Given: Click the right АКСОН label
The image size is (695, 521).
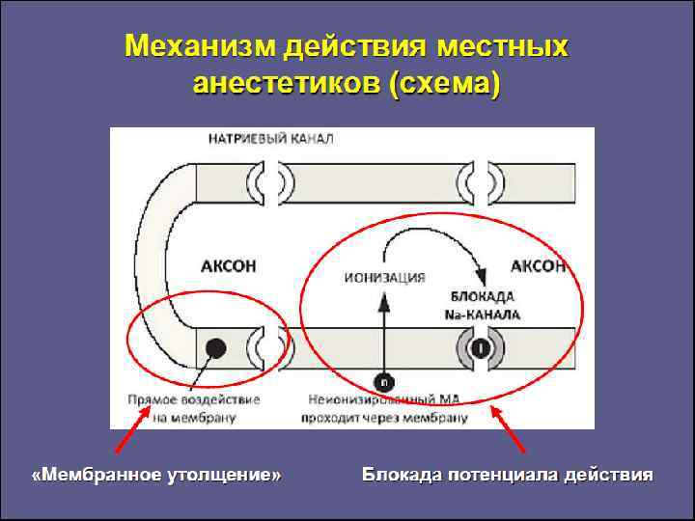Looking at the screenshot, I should tap(538, 264).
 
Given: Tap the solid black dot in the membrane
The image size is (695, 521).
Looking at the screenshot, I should tap(216, 347).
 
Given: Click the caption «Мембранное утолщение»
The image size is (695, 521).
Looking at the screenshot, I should tap(157, 475).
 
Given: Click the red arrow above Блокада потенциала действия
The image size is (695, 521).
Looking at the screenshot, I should tap(509, 429).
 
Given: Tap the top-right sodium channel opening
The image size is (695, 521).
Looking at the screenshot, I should tap(480, 180).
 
